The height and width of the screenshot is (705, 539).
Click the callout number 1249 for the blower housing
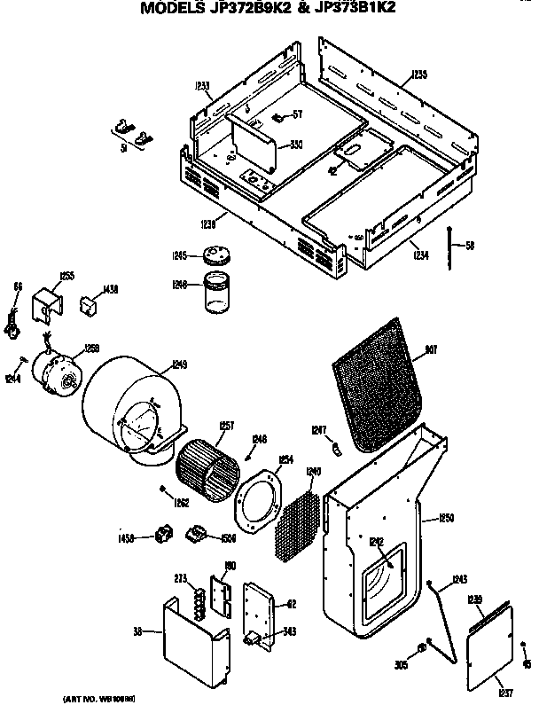coord(180,364)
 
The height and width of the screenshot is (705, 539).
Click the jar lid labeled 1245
coord(213,255)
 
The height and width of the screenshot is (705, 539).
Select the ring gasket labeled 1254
coord(258,501)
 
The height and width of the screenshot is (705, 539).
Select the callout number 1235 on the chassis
coord(419,74)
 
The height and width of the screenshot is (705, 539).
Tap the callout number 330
coord(295,145)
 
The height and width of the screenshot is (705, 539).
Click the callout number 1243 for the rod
coord(459,580)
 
